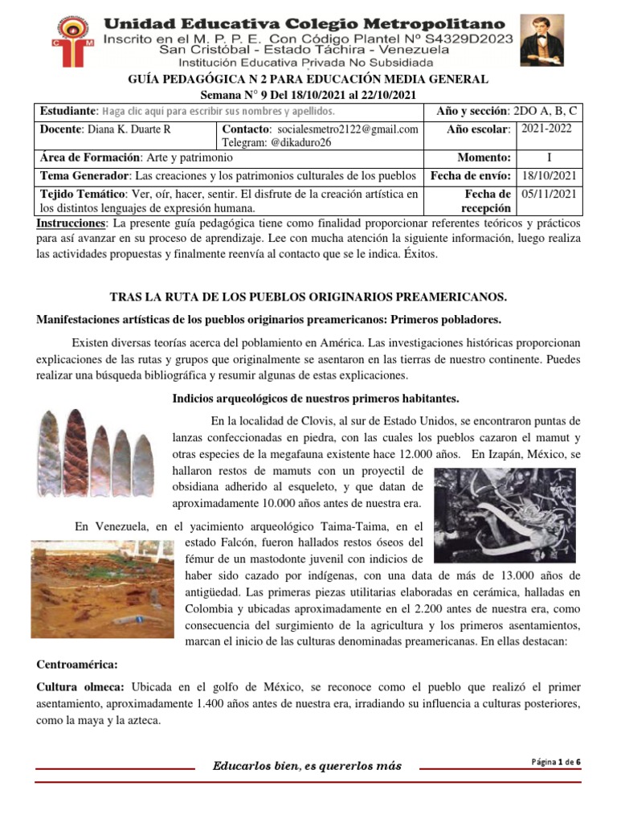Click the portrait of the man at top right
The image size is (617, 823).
coord(542,40)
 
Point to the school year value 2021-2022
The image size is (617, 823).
coord(548,129)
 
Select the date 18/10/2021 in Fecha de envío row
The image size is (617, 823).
coord(548,175)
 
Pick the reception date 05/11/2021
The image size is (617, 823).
coord(548,194)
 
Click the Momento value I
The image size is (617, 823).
coord(548,158)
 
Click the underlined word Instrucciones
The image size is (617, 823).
coord(72,222)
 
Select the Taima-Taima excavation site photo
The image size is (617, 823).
coord(101,589)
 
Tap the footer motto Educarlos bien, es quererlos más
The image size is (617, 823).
coord(306,766)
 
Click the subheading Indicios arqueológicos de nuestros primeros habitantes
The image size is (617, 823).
coord(315,399)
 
